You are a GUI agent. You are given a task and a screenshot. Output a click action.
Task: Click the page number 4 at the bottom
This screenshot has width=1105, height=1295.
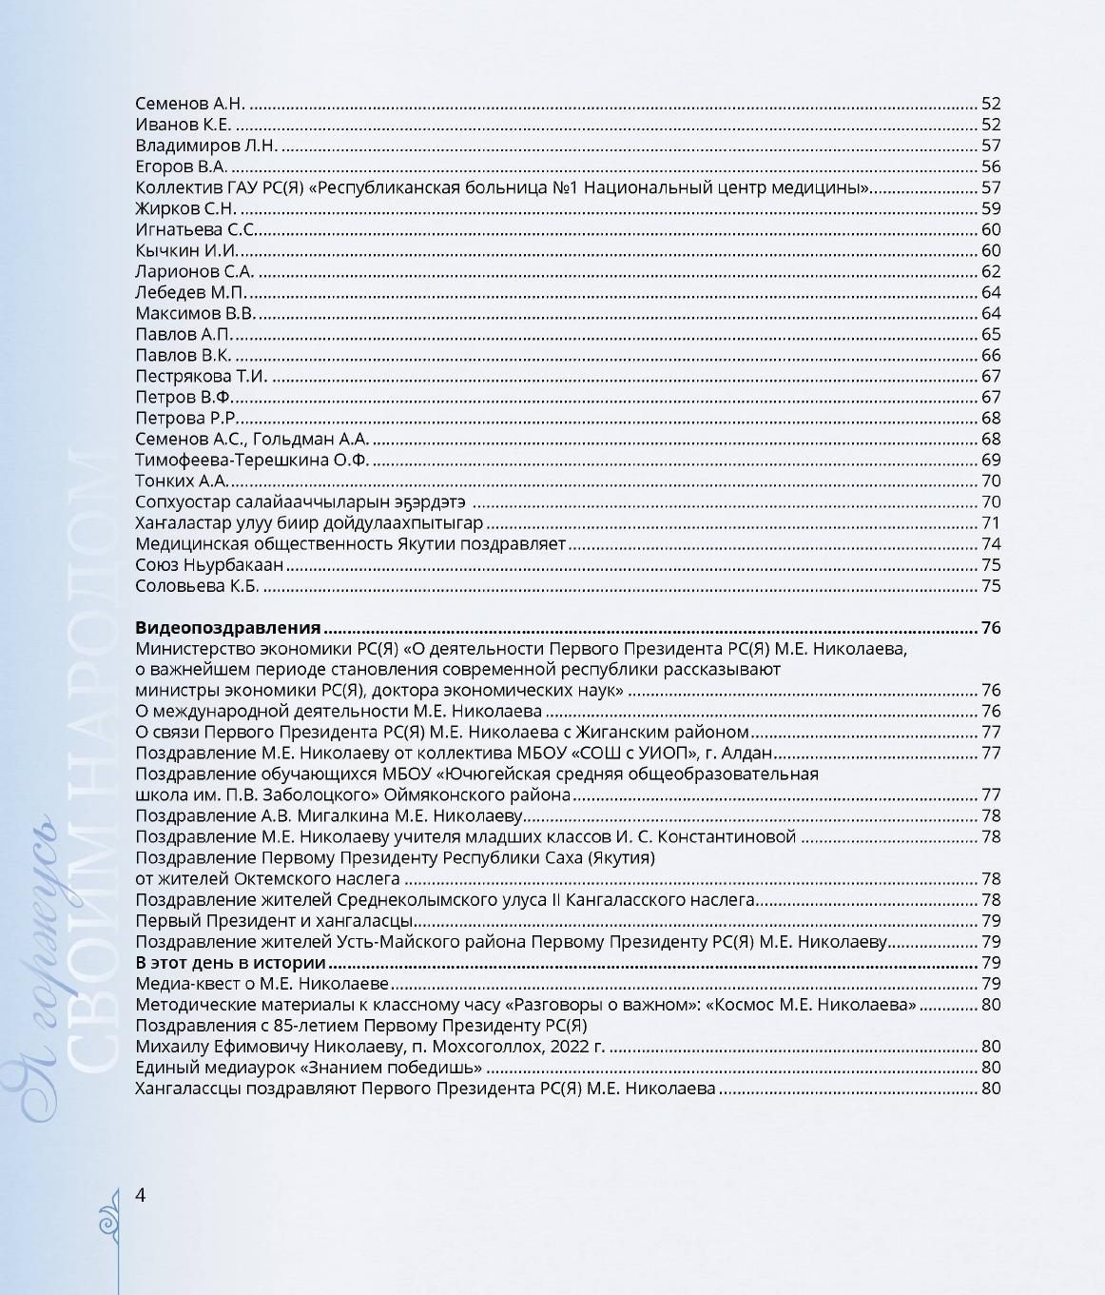coord(141,1195)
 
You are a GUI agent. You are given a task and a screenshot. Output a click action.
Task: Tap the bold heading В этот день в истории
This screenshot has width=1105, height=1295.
coord(231,963)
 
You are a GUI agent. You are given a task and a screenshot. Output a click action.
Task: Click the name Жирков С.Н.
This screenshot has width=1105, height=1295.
coord(185,208)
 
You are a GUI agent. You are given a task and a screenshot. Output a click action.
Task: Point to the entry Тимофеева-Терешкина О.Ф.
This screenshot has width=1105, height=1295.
coord(252,461)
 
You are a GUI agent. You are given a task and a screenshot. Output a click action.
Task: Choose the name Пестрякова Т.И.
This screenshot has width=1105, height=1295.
coord(202,376)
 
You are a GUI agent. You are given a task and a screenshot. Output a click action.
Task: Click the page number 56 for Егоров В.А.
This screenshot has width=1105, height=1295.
coord(991,167)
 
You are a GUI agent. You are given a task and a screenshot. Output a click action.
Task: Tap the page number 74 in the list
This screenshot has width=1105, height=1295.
coord(991,544)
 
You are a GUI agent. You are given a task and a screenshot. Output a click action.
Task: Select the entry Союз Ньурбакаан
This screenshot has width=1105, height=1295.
coord(209,565)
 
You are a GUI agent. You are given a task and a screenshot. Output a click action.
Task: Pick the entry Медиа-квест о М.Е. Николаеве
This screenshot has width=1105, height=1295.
coord(262,984)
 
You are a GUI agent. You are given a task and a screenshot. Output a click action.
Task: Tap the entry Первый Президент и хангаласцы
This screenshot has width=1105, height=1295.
coord(274,921)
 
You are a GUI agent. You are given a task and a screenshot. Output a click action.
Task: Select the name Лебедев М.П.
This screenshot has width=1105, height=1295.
coord(190,292)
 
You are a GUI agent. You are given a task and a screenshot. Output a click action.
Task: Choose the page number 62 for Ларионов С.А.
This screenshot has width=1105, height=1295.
coord(991,271)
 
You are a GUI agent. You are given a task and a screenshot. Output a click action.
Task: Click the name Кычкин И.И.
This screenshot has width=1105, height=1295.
coord(186,250)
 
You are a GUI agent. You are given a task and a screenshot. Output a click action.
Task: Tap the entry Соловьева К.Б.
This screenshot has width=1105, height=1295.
coord(197,586)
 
